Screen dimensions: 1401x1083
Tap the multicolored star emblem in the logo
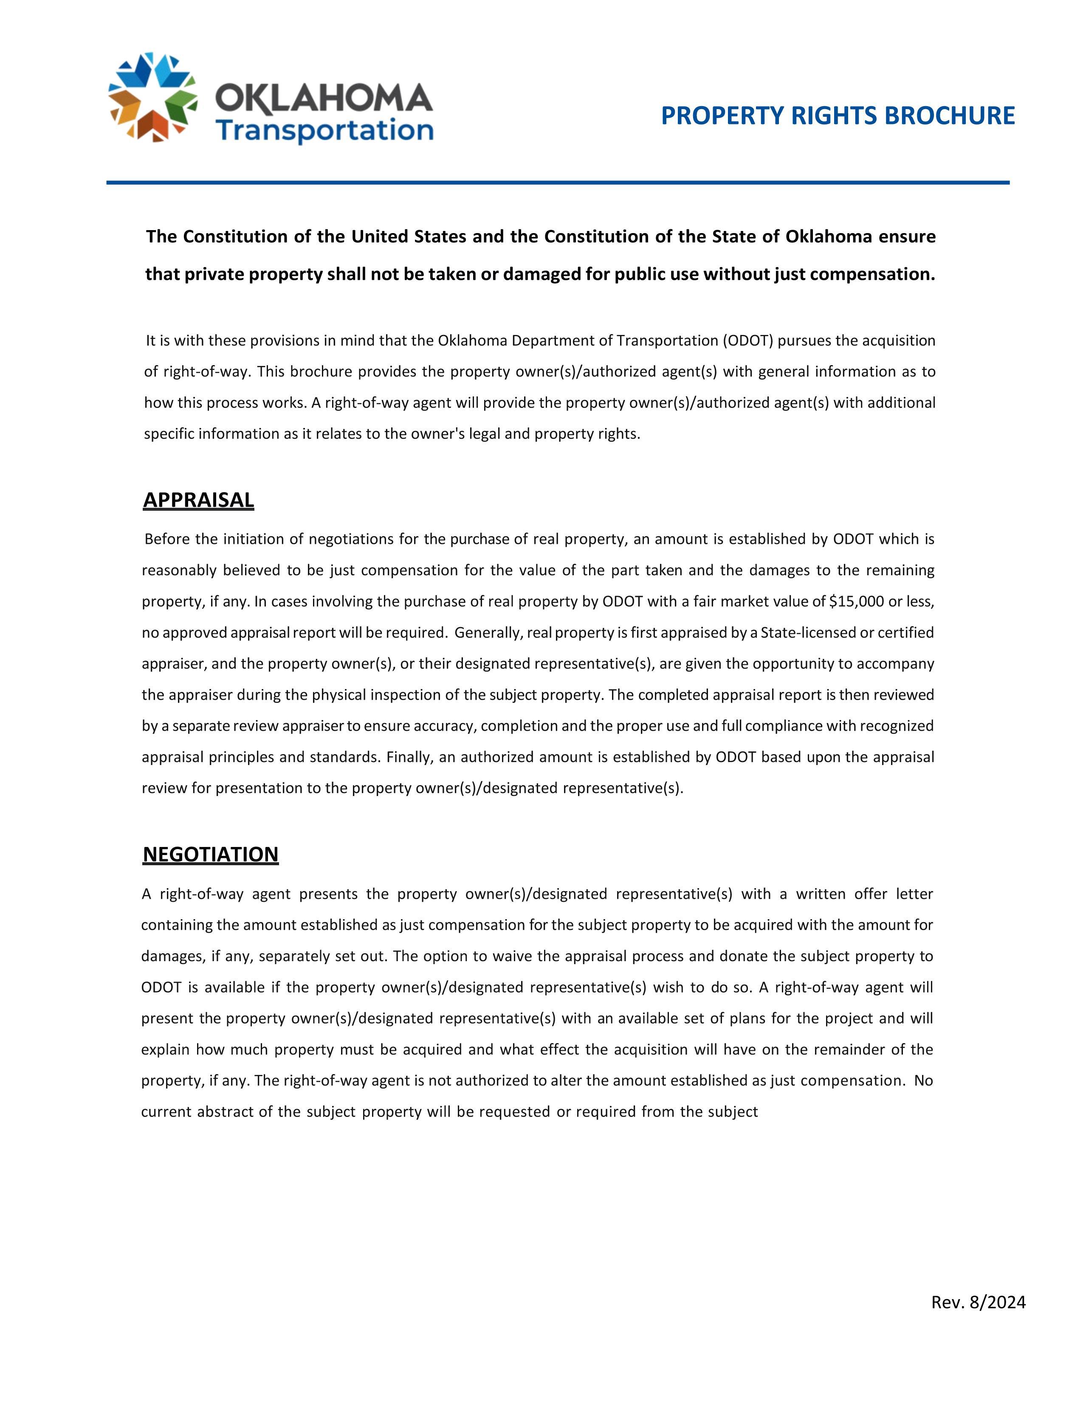point(152,98)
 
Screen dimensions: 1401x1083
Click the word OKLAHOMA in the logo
point(323,98)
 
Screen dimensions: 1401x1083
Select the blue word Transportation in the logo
point(324,130)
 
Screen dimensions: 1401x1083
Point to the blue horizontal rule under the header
point(558,183)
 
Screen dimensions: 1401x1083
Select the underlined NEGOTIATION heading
point(210,855)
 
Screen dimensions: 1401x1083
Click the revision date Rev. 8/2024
point(978,1302)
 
